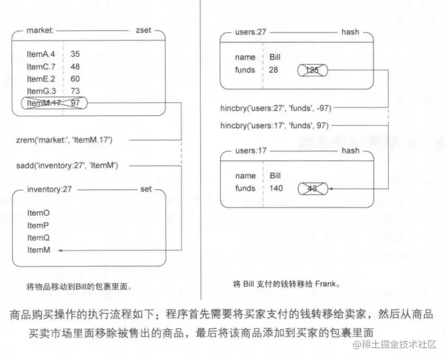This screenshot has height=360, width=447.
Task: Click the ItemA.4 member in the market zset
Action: [41, 54]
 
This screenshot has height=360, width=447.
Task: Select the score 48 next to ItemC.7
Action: [75, 66]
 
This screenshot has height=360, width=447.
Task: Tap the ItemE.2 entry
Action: [41, 78]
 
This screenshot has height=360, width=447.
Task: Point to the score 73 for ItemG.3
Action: [75, 91]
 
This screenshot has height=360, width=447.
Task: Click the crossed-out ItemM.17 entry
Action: [42, 104]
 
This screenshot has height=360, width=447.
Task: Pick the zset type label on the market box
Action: [143, 31]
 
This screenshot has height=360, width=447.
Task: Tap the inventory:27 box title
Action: [49, 189]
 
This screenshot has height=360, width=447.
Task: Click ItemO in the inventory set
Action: [37, 213]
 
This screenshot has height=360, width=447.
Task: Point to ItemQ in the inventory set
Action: [37, 237]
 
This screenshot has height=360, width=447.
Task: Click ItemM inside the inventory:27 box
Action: [37, 249]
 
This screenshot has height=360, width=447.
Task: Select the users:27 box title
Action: [251, 32]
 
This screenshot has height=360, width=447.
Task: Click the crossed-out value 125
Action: [312, 70]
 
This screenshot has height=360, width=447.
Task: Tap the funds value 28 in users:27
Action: [274, 70]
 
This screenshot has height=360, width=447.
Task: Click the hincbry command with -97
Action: [277, 108]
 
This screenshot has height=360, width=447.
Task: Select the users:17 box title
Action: [251, 151]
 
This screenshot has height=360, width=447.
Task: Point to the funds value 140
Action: [276, 189]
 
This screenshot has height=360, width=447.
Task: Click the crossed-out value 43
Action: [312, 189]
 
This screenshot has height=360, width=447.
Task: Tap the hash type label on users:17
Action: [350, 151]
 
